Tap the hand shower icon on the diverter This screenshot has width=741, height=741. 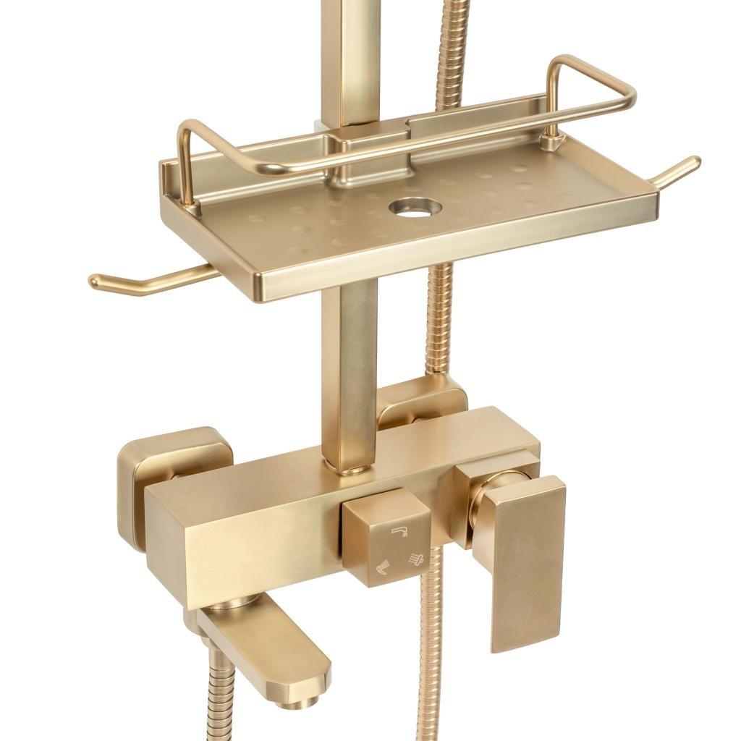(x=381, y=569)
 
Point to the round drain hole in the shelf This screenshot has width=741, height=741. (x=415, y=208)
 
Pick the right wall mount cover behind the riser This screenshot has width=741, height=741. (x=427, y=402)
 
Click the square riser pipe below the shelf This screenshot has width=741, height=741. (x=349, y=369)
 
